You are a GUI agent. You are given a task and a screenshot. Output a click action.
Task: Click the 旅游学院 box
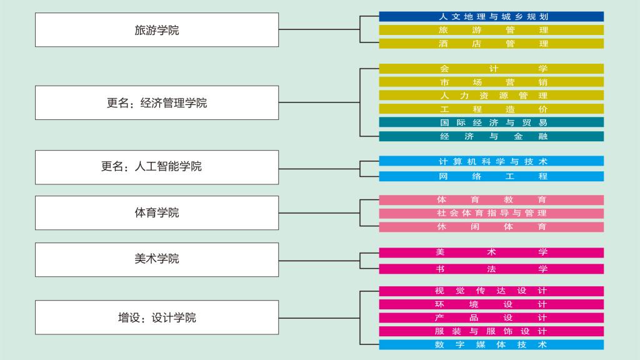pos(157,30)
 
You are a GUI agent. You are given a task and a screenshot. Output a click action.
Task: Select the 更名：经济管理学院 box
pos(157,103)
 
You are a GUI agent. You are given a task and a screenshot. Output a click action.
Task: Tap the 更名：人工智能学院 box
pos(157,167)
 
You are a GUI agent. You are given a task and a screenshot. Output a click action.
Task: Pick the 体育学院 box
pos(157,213)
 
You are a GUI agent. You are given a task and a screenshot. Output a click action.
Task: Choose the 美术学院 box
pos(157,260)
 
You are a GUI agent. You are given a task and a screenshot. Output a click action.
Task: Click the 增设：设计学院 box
pos(157,317)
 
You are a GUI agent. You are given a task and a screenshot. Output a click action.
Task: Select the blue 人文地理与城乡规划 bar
pos(491,17)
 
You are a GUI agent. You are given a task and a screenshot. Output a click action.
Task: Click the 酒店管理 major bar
pos(491,44)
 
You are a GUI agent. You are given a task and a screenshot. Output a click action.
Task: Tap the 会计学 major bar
pos(491,69)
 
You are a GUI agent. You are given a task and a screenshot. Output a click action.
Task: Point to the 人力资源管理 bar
pos(491,96)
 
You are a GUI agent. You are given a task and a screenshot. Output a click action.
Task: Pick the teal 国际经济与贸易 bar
pos(491,122)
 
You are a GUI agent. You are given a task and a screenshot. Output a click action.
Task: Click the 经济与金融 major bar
pos(491,136)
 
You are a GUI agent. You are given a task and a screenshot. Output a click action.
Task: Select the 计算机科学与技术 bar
pos(491,161)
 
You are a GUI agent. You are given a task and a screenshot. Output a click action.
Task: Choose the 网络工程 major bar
pos(491,176)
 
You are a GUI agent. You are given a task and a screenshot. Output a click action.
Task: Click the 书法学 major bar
pos(491,269)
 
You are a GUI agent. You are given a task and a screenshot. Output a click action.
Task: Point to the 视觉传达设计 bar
pos(491,291)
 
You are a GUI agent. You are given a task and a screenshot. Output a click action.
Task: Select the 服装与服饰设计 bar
pos(491,331)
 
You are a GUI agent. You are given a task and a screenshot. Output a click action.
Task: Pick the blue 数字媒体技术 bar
pos(491,344)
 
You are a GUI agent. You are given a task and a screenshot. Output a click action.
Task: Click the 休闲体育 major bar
pos(491,227)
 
